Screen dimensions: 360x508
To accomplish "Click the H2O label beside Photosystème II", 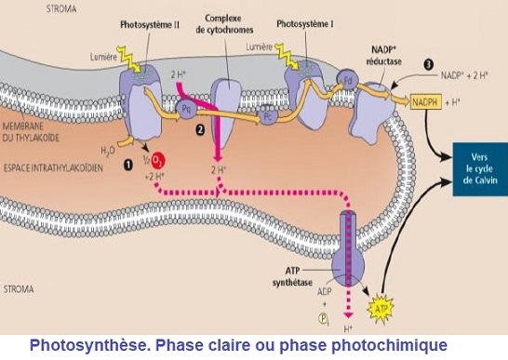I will (111, 149).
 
